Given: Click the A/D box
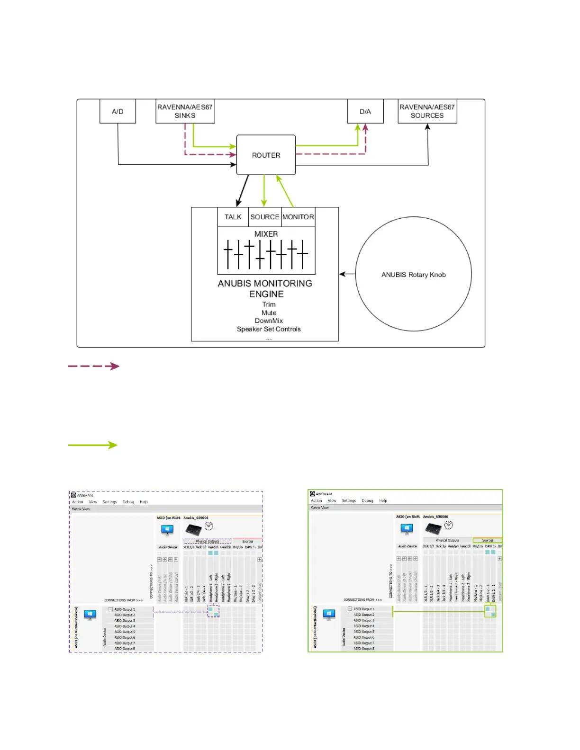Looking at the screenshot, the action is coord(118,111).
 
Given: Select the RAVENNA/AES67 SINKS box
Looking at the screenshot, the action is coord(185,111).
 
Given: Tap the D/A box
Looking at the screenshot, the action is coord(365,111).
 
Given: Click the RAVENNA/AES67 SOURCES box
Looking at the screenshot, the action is coord(427,111).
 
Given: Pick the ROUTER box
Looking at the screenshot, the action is coord(266,155).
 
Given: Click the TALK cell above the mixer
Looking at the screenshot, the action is coord(233,217).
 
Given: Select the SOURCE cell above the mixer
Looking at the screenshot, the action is coord(264,217).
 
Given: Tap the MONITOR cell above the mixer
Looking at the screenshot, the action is coord(298,217).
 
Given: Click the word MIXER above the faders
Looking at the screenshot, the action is coord(266,234).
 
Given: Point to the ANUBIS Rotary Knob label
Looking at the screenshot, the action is coord(413,275).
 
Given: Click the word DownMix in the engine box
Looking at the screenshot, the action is coord(269,321).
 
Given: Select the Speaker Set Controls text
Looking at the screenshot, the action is coord(269,329).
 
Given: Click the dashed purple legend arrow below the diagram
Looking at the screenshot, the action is coord(94,366).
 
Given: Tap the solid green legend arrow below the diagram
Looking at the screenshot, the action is coord(93,445).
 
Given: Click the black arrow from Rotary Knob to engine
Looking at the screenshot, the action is coord(347,274).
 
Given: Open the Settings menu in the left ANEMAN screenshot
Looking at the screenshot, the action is coord(109,502).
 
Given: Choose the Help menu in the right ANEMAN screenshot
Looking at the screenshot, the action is coord(383,500).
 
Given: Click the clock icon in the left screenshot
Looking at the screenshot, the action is coord(208,526).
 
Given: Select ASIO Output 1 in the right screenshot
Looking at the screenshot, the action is coord(363,609).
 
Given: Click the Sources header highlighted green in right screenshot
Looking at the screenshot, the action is coord(488,540).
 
